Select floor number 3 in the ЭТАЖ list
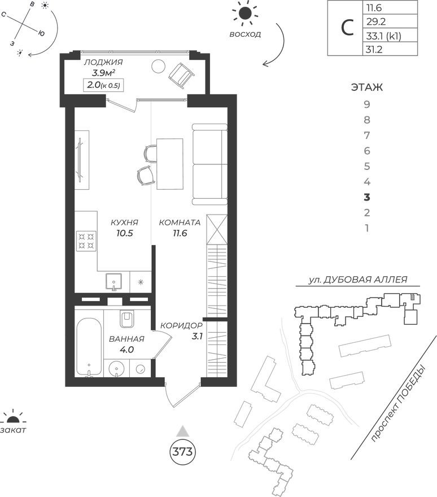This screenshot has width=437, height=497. point(367,198)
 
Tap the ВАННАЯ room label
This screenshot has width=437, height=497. point(127,339)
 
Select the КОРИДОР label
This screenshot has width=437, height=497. point(181,326)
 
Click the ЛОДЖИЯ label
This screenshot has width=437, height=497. point(103,63)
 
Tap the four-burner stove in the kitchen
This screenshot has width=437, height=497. point(86,241)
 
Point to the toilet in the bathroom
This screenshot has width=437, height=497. point(126,320)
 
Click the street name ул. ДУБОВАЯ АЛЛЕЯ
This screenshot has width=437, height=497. point(357,280)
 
